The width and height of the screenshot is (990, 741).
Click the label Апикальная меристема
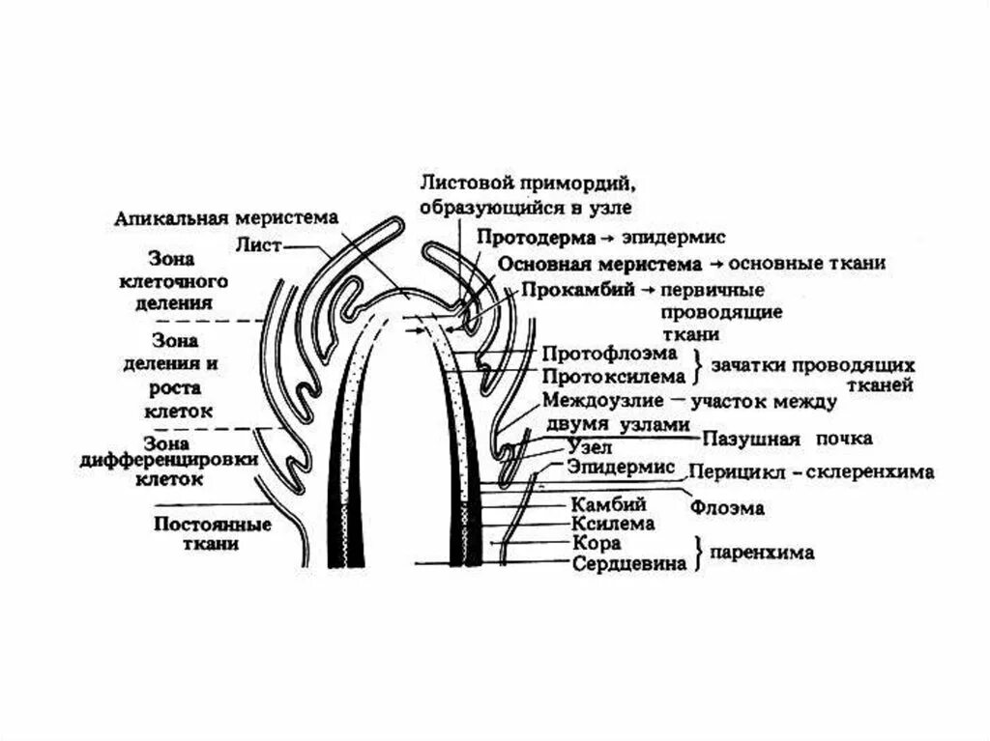tap(225, 218)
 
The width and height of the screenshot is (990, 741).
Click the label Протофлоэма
tap(596, 356)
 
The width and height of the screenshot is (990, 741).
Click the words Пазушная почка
tap(788, 439)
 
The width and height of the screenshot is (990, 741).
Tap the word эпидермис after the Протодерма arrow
tap(671, 238)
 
